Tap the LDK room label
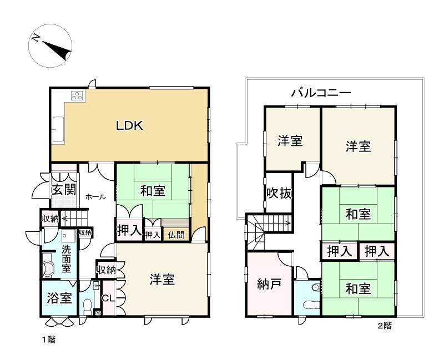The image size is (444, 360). click(x=130, y=125)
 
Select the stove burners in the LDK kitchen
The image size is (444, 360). click(x=77, y=96)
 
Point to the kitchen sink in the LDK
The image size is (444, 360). click(x=58, y=129)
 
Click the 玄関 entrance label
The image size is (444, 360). click(x=64, y=189)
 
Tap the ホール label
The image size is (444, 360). click(x=95, y=196)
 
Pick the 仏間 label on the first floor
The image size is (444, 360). click(x=176, y=235)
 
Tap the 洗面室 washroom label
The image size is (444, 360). click(x=67, y=258)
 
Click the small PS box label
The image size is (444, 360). click(x=98, y=313)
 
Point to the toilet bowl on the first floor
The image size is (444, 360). click(x=88, y=305)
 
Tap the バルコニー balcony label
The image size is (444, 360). click(x=321, y=93)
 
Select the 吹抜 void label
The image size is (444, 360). click(x=278, y=194)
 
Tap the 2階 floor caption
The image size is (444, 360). click(x=384, y=326)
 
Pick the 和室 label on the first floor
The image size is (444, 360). click(x=152, y=191)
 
